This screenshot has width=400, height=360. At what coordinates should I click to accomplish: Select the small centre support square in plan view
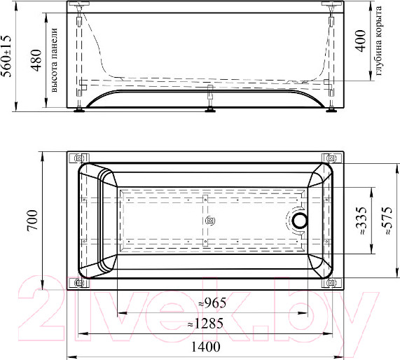[209, 221]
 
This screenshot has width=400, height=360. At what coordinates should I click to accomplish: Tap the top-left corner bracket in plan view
[79, 158]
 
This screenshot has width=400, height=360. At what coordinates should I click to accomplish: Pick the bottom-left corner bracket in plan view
[79, 284]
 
